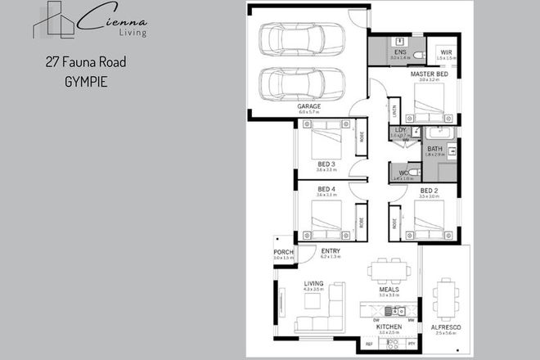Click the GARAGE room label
pos(308,106)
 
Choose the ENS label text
pos(399,52)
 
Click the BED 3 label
pos(326,164)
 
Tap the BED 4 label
pos(326,190)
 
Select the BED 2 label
pos(429,190)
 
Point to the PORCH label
pos(283,252)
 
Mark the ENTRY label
pos(331,251)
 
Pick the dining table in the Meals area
pos(388,269)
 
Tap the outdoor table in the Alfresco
pos(446,300)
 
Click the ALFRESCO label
pos(446,327)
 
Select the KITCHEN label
pos(388,326)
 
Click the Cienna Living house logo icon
pos(53,20)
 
